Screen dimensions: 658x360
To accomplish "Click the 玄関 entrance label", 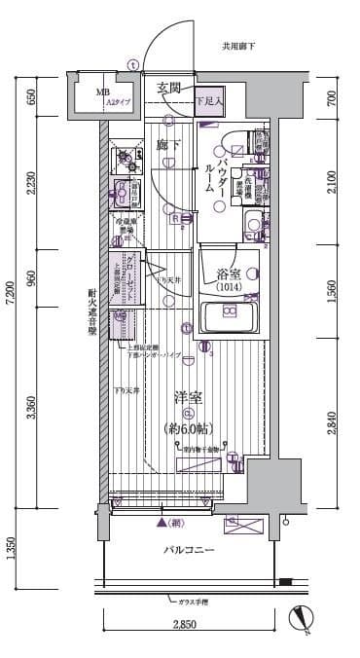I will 169,89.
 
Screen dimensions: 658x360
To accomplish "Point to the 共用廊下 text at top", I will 237,46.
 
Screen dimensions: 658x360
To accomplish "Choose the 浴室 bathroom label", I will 230,261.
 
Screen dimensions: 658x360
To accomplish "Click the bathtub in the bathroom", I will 230,315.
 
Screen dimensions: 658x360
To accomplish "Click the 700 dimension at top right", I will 332,96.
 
